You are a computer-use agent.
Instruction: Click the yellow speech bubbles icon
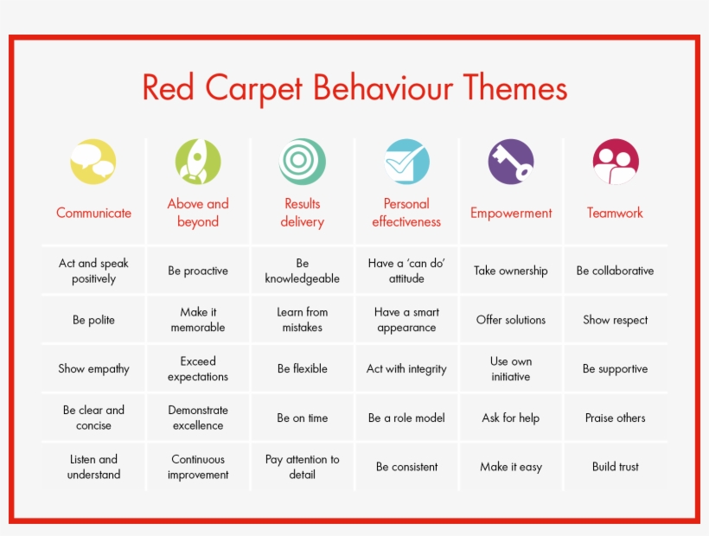tap(93, 162)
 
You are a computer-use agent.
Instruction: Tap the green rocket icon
tap(198, 162)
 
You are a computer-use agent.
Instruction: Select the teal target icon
tap(303, 162)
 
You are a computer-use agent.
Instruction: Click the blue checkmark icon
tap(406, 162)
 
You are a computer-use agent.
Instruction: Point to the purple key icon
tap(511, 162)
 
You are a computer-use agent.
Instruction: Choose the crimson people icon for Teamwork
tap(616, 162)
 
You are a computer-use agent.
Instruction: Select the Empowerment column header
tap(511, 213)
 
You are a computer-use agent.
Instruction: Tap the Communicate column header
tap(93, 213)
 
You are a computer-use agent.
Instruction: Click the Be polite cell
tap(93, 320)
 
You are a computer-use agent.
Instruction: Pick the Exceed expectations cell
tap(198, 369)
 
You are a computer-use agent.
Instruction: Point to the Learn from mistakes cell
tap(303, 320)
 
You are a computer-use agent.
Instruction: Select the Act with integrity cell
tap(406, 369)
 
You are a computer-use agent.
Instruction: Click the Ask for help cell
tap(511, 418)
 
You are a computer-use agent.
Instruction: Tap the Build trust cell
tap(616, 467)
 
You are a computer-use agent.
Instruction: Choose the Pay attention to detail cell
tap(303, 467)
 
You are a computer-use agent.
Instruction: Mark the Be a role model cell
tap(406, 418)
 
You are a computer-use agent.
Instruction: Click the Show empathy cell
tap(93, 369)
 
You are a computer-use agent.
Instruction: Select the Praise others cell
tap(616, 418)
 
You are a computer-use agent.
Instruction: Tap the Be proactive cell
tap(198, 271)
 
